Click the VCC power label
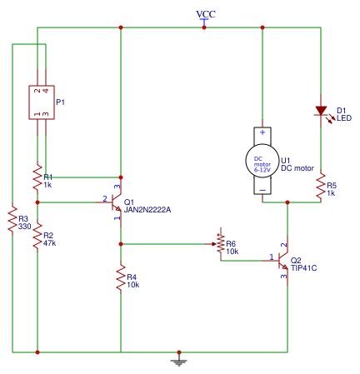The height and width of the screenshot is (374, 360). tap(205, 15)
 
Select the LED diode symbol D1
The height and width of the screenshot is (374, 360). tap(320, 111)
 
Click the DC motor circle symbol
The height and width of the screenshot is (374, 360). tap(262, 160)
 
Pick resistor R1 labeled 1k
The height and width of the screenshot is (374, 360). tap(37, 177)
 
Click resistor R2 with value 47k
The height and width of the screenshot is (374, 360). tap(37, 239)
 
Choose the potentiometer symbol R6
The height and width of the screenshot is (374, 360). tap(220, 245)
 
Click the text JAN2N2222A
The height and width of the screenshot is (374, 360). tap(147, 210)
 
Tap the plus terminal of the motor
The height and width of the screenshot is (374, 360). tap(262, 132)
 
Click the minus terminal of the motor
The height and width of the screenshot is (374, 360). tap(262, 189)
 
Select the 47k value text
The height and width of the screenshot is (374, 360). tap(49, 244)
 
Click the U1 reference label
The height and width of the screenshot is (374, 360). tap(285, 160)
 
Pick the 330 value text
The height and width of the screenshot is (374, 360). tap(24, 226)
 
